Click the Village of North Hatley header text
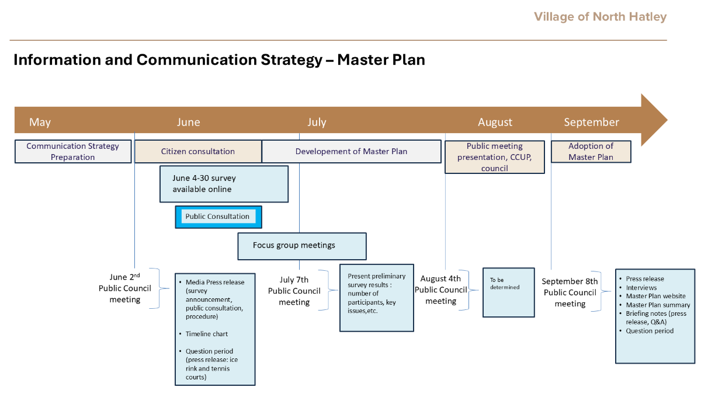click(601, 17)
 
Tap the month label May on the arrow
click(40, 122)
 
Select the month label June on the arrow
click(188, 122)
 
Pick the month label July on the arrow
click(317, 122)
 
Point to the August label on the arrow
click(495, 122)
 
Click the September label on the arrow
click(591, 122)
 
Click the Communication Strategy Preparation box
click(73, 151)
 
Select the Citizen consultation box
click(198, 151)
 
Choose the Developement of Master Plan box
click(352, 151)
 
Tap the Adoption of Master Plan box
click(591, 151)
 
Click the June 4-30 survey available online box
click(224, 184)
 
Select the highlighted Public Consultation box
click(218, 217)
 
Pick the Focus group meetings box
click(302, 246)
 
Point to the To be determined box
click(509, 292)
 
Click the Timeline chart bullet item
click(207, 334)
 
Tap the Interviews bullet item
click(641, 288)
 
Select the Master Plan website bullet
click(655, 296)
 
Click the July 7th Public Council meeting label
click(294, 291)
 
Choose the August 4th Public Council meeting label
click(440, 290)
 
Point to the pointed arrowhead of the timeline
click(667, 120)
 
